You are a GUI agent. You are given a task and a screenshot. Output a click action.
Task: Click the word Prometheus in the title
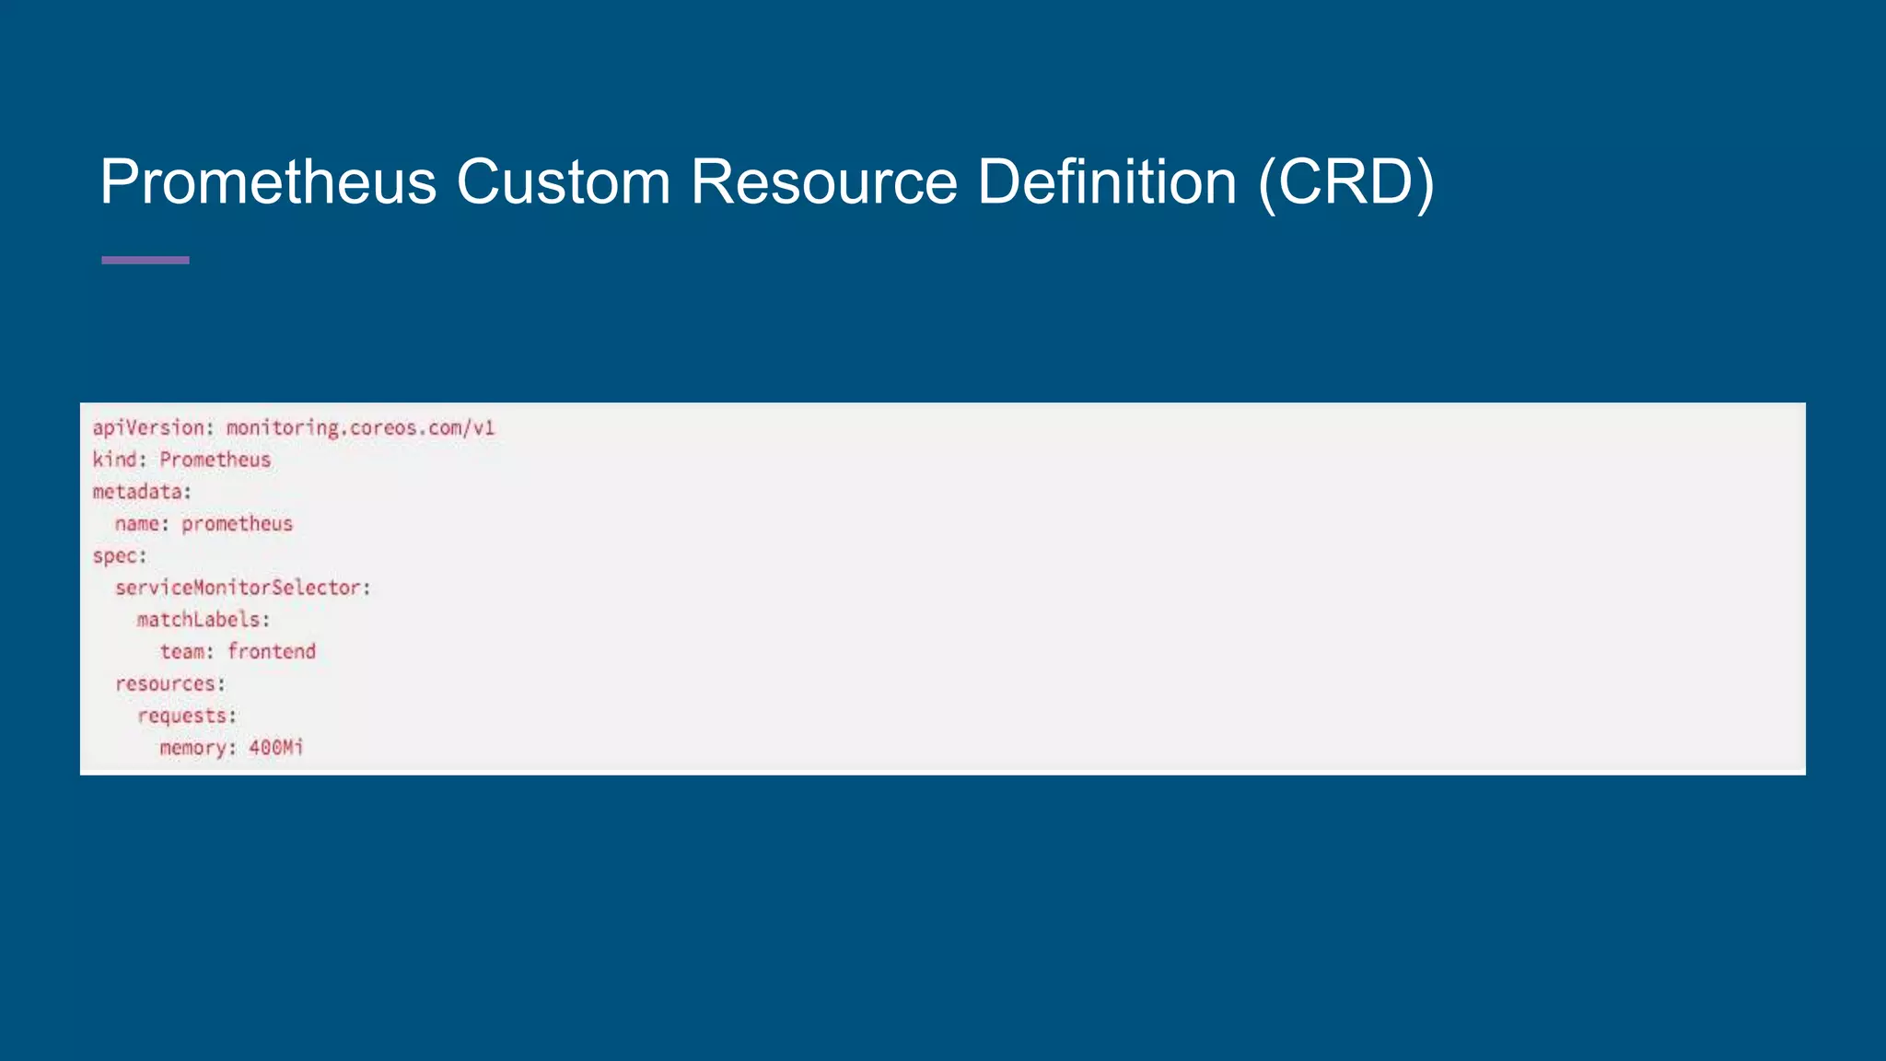pyautogui.click(x=268, y=181)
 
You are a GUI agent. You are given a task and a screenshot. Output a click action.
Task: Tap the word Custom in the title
pyautogui.click(x=563, y=181)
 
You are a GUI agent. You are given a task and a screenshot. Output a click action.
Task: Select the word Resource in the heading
pyautogui.click(x=824, y=181)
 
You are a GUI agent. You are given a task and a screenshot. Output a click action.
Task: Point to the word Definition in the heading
pyautogui.click(x=1107, y=181)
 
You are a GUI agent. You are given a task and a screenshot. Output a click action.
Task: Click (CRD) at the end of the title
pyautogui.click(x=1346, y=183)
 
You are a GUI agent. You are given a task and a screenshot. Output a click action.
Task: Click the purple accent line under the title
pyautogui.click(x=146, y=261)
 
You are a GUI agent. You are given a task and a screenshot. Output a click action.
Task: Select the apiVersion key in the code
pyautogui.click(x=147, y=428)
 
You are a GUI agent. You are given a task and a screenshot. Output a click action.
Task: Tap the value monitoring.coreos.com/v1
pyautogui.click(x=360, y=428)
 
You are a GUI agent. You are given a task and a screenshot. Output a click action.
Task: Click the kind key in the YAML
pyautogui.click(x=115, y=460)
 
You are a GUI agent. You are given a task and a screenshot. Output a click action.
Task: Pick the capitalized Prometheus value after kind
pyautogui.click(x=215, y=460)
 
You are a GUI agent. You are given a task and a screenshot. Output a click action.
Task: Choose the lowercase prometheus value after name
pyautogui.click(x=237, y=524)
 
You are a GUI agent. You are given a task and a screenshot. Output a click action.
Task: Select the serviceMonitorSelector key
pyautogui.click(x=238, y=588)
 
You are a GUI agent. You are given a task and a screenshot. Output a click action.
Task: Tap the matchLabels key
pyautogui.click(x=198, y=620)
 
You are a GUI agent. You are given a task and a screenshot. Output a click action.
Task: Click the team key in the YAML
pyautogui.click(x=181, y=652)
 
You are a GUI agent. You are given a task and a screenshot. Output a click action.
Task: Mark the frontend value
pyautogui.click(x=272, y=652)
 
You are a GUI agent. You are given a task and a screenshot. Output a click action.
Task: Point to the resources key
pyautogui.click(x=165, y=684)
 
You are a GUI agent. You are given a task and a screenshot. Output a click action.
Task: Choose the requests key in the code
pyautogui.click(x=182, y=716)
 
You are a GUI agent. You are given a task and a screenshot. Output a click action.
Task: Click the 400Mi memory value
pyautogui.click(x=276, y=748)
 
